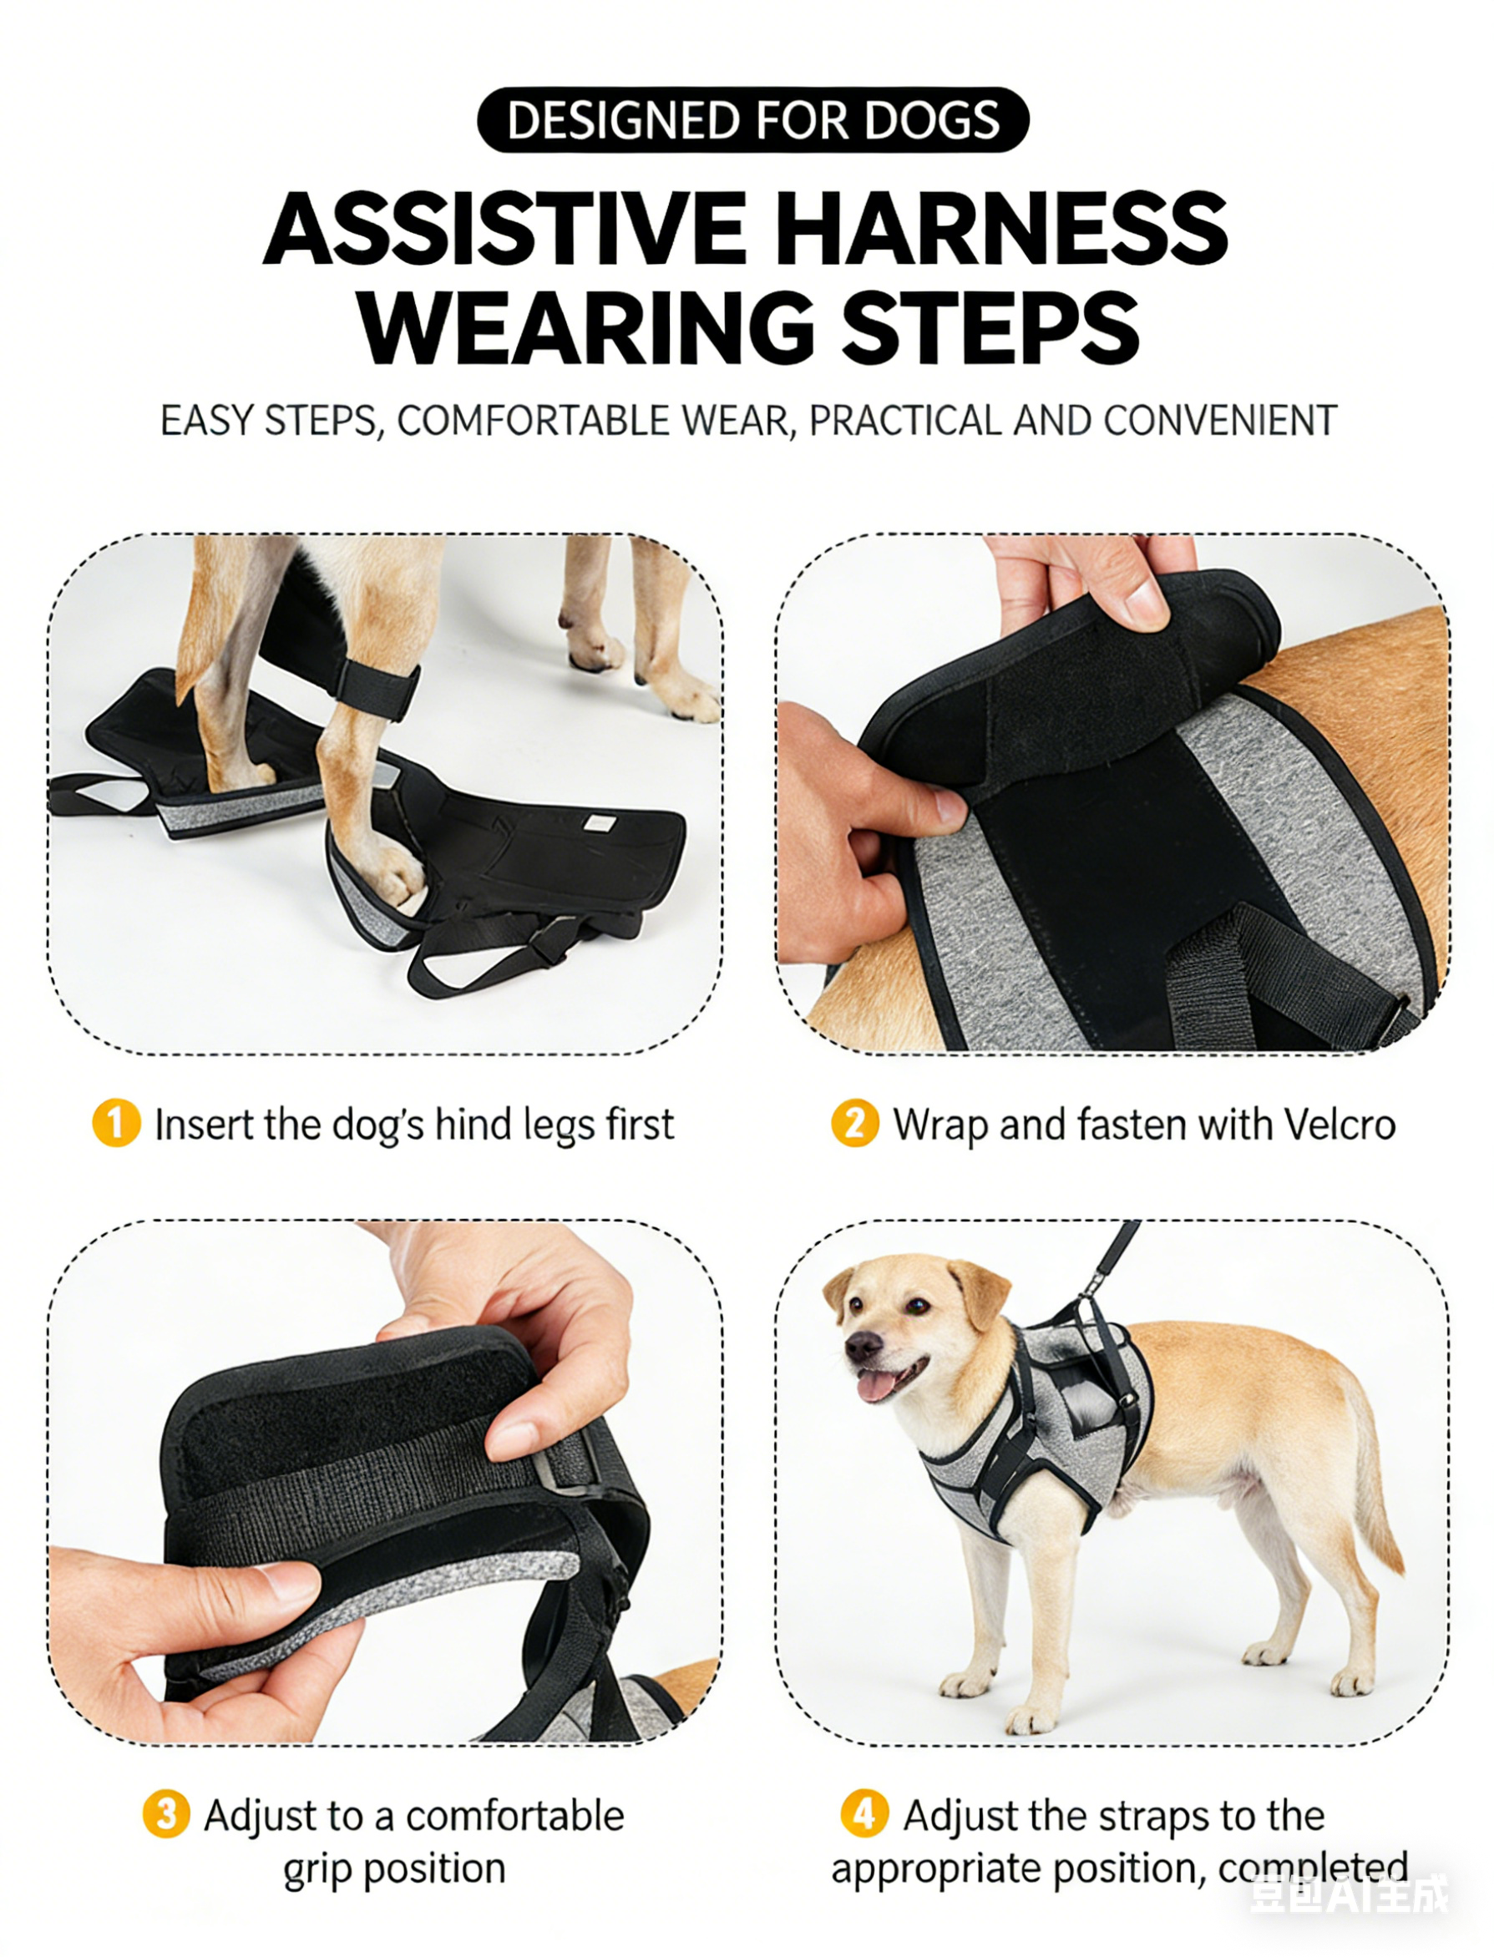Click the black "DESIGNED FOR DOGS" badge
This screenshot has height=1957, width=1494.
click(753, 120)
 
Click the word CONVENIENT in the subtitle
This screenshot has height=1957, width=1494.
click(1220, 421)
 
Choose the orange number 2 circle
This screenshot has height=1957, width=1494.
click(854, 1123)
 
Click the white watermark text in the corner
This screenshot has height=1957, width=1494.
click(1349, 1894)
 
